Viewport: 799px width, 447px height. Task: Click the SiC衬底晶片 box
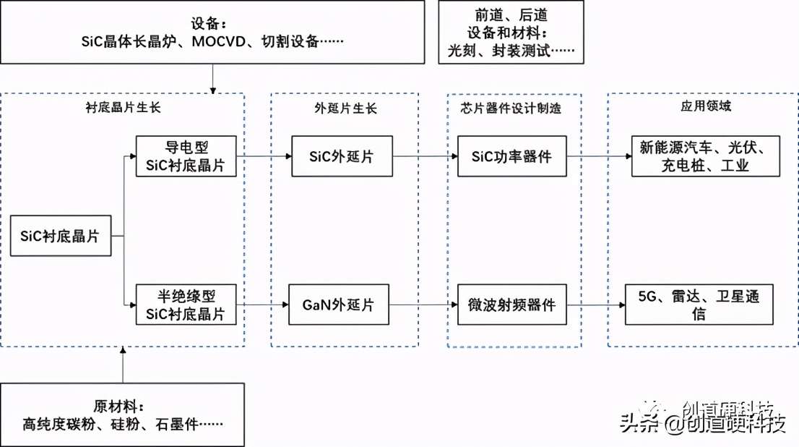[61, 235]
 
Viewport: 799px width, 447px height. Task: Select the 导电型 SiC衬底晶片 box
[186, 156]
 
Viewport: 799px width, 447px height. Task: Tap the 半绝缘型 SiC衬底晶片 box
[186, 305]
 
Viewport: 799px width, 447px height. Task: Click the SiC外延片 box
[342, 156]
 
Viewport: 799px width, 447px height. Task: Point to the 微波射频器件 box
[512, 305]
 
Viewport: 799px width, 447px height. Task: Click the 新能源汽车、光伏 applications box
[706, 156]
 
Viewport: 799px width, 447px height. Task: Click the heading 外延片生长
[345, 108]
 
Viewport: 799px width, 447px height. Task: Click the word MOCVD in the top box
[220, 41]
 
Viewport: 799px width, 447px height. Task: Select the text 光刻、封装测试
[510, 51]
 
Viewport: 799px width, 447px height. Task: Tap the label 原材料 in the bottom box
[118, 405]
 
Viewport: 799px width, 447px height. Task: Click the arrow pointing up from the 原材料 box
[123, 365]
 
